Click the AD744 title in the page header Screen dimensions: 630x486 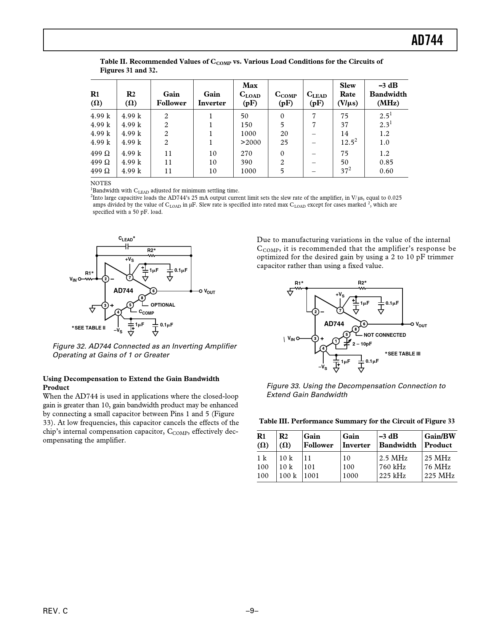[427, 40]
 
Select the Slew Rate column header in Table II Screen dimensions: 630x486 [347, 94]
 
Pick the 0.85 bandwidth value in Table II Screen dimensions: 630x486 [386, 162]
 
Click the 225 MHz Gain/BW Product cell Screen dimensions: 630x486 [439, 476]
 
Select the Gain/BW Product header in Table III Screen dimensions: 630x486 [440, 441]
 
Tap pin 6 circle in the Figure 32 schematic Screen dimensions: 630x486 [153, 291]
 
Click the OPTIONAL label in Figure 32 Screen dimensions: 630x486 [163, 305]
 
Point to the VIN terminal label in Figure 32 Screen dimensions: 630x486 [73, 279]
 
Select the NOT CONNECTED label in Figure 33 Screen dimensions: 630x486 [385, 335]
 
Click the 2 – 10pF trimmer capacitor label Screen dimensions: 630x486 [362, 344]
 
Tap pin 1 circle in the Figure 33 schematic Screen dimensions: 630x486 [336, 341]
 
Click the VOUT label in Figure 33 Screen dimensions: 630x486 [421, 325]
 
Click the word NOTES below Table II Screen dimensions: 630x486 [101, 183]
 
